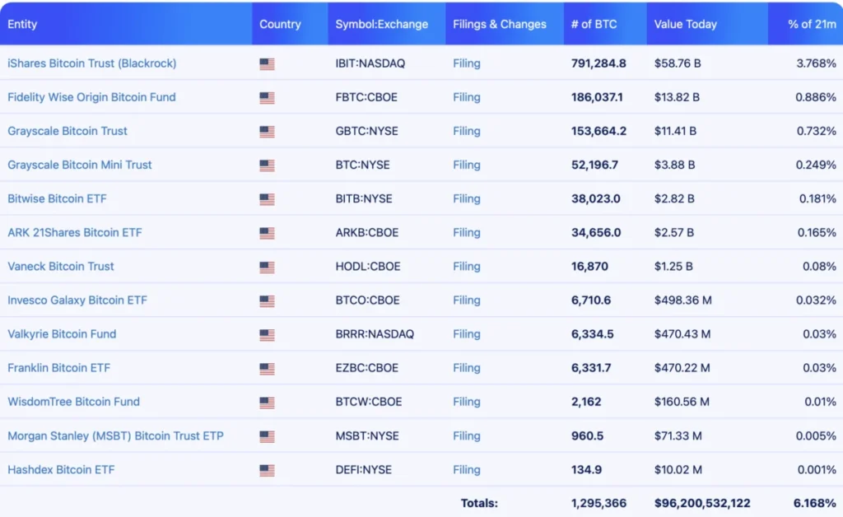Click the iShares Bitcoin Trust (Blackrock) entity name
coord(91,63)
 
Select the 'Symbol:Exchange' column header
coord(381,24)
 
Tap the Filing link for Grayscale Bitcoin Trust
coord(466,131)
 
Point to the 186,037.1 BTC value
coord(597,97)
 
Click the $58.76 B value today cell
coord(677,63)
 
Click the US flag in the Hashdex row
coord(267,470)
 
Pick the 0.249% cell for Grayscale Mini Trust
coord(817,165)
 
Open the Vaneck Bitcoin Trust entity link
coord(61,266)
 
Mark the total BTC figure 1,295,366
coord(598,503)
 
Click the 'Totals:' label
coord(479,503)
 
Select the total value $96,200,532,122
coord(702,503)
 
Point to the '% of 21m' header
coord(812,24)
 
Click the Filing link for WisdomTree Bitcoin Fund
coord(466,402)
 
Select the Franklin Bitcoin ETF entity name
coord(58,368)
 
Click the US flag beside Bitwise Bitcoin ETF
coord(267,199)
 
